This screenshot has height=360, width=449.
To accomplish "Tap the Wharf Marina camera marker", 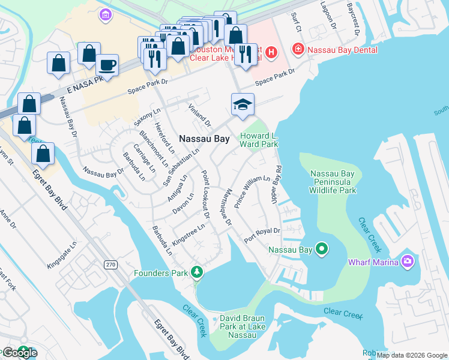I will [408, 261].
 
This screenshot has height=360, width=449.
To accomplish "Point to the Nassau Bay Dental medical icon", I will [297, 50].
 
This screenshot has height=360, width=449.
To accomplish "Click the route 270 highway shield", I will [110, 264].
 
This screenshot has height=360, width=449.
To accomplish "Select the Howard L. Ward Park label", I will [259, 140].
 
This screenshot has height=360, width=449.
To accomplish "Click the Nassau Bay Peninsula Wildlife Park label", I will [333, 182].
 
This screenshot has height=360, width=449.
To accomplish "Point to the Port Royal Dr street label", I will [262, 235].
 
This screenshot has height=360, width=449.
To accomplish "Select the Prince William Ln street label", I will [252, 192].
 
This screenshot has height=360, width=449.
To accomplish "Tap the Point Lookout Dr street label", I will [205, 193].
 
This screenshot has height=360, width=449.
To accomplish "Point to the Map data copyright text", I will [412, 355].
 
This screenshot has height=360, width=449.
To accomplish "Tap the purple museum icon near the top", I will [106, 14].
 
